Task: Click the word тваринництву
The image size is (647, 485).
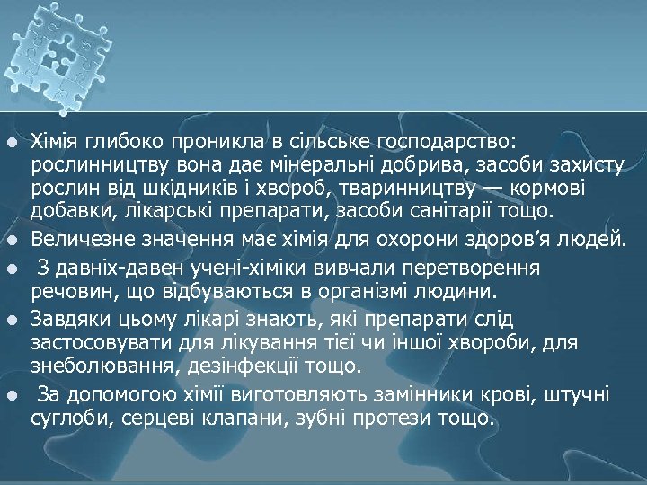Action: [441, 188]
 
